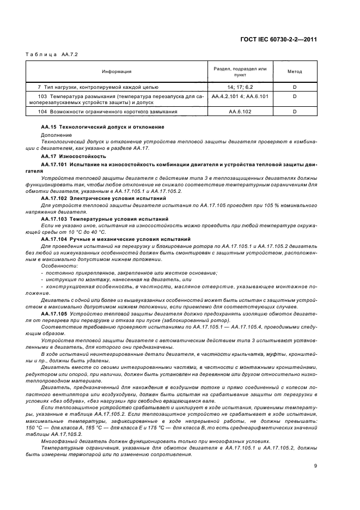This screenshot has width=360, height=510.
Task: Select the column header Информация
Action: [x=115, y=71]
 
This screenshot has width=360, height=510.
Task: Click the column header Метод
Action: [x=295, y=71]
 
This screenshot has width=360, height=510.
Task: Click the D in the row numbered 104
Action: [x=295, y=112]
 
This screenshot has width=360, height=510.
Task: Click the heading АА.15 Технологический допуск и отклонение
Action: [x=102, y=126]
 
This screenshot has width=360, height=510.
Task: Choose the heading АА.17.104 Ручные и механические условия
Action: [x=115, y=239]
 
